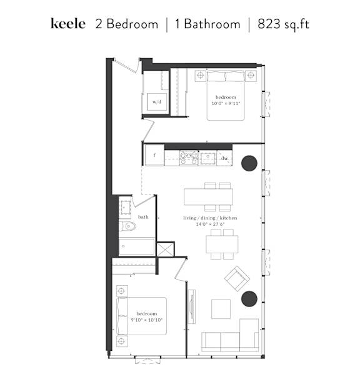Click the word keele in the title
[x=68, y=24]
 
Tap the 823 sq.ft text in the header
[x=283, y=24]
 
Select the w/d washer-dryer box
[x=157, y=102]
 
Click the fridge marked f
[x=154, y=155]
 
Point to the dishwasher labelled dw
[x=224, y=158]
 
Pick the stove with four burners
[x=189, y=158]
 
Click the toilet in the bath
[x=127, y=226]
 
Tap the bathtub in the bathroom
[x=137, y=247]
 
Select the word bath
[x=143, y=217]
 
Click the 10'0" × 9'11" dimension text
[x=226, y=103]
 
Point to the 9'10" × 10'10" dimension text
[x=147, y=320]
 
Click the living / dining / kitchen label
[x=210, y=218]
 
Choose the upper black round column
[x=249, y=163]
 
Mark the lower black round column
[x=249, y=299]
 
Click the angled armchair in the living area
[x=237, y=279]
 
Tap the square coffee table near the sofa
[x=221, y=309]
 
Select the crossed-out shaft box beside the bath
[x=165, y=250]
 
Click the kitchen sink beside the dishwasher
[x=207, y=158]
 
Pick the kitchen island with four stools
[x=208, y=196]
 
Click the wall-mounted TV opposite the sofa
[x=192, y=306]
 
